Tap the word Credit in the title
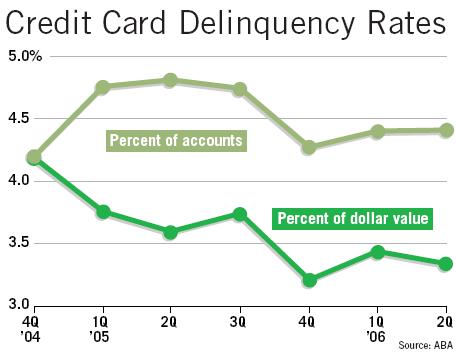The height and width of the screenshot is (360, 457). coord(52,22)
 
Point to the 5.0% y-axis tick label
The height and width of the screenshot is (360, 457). coord(22,57)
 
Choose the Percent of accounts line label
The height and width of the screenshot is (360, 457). coord(176,141)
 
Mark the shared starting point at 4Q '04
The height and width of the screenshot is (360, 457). coord(34,157)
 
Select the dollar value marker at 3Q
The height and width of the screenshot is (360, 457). coord(239,214)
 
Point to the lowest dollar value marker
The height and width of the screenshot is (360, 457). coord(309,280)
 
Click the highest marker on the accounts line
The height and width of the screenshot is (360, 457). coord(170,80)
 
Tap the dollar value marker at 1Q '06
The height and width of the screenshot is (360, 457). coord(377,252)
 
